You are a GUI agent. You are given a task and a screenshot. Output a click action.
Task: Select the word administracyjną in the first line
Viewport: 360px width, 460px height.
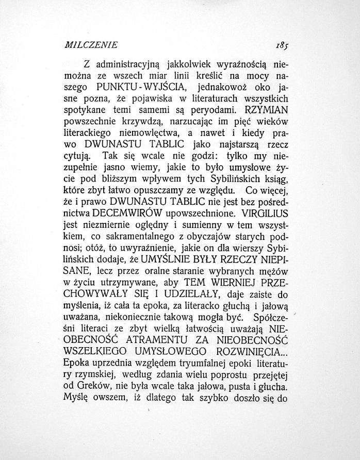(x=128, y=65)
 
